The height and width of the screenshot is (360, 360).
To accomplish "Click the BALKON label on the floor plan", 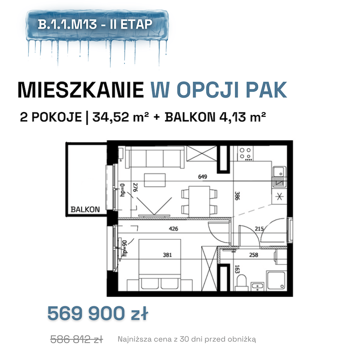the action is click(x=85, y=209).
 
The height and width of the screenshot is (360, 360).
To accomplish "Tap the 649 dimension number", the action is click(x=202, y=176).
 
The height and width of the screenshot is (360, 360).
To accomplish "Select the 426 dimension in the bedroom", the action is click(x=173, y=229).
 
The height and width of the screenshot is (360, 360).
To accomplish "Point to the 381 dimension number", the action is click(x=167, y=255).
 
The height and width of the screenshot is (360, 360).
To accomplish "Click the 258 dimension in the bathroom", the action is click(x=254, y=255).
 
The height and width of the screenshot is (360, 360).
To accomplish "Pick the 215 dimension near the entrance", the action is click(x=259, y=229).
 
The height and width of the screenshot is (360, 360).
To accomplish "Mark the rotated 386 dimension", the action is click(x=237, y=196).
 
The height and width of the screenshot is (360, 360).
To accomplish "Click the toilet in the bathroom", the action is click(x=241, y=283).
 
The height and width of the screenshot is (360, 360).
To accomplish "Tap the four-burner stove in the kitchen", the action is click(x=245, y=153).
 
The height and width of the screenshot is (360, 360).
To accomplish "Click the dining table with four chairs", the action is click(x=199, y=201).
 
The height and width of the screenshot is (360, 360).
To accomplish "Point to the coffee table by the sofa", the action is click(x=155, y=180).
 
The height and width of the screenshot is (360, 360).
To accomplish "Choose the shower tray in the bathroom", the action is click(x=276, y=280).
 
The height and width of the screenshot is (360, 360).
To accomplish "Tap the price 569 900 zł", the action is click(x=98, y=313).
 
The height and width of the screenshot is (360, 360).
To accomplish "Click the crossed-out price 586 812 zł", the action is click(x=77, y=339).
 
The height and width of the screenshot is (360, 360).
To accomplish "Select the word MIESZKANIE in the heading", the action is click(x=81, y=90).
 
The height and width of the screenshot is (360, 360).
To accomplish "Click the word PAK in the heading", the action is click(x=266, y=90).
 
